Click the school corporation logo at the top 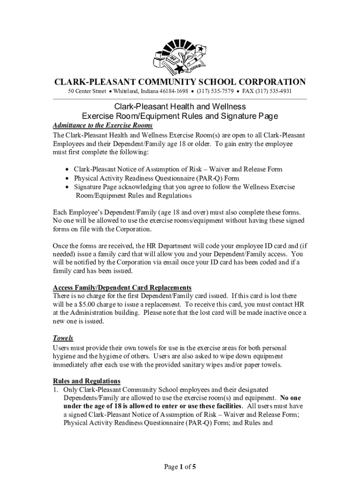[180, 57]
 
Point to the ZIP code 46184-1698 [176, 91]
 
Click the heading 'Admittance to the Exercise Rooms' [103, 126]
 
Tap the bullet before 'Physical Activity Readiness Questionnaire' [68, 178]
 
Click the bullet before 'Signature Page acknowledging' [68, 187]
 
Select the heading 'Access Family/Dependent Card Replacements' [122, 287]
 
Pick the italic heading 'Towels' [63, 338]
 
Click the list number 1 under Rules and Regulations [55, 389]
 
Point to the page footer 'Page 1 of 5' [180, 466]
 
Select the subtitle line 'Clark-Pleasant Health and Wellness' [180, 107]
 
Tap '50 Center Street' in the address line [86, 91]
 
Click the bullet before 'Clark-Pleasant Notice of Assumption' [68, 169]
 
